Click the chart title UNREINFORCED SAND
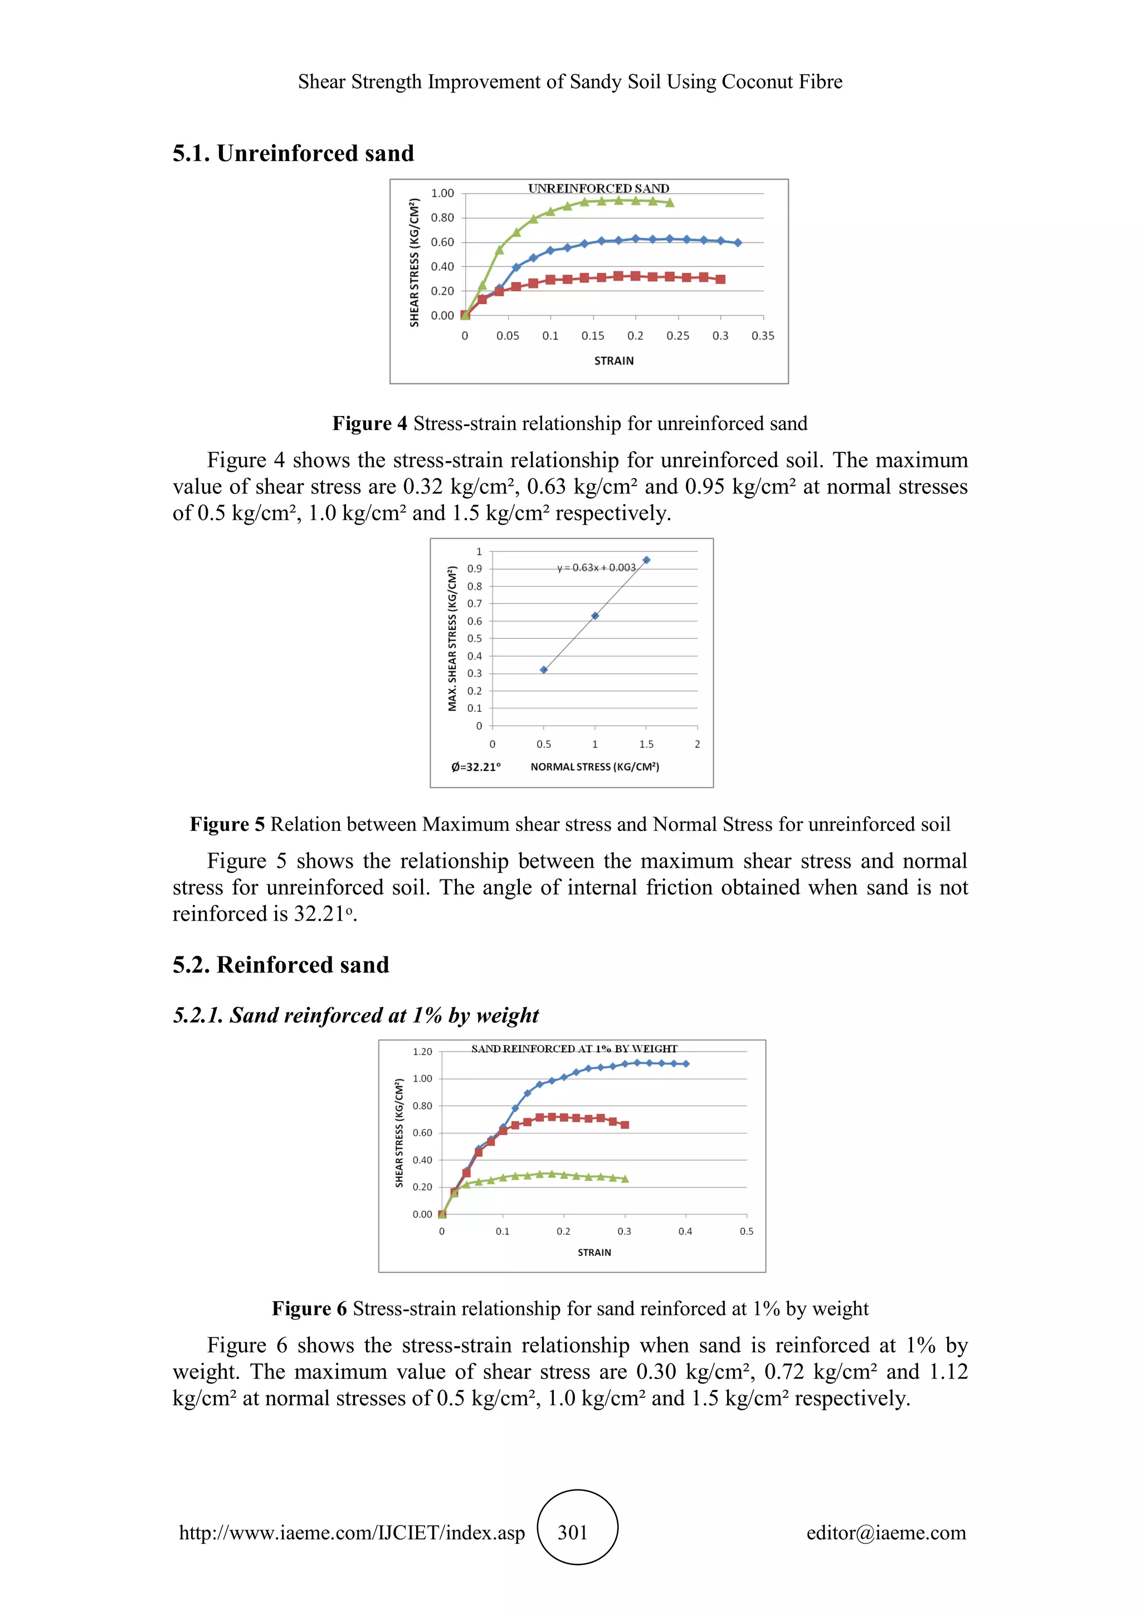(x=598, y=188)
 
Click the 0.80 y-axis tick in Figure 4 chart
(x=442, y=218)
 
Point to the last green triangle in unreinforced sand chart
(x=670, y=203)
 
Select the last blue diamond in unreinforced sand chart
(x=737, y=243)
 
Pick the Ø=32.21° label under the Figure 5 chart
(x=476, y=766)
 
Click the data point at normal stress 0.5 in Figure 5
(x=543, y=669)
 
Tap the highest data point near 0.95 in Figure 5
(x=646, y=560)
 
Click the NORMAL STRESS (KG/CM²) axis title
(x=594, y=766)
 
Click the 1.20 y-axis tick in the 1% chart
(x=422, y=1052)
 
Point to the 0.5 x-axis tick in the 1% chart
(x=746, y=1231)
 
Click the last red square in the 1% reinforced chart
(x=625, y=1125)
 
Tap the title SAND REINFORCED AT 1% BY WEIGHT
(x=574, y=1048)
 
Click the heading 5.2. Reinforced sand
(x=280, y=965)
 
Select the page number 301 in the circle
(x=573, y=1532)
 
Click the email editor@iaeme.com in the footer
(x=885, y=1532)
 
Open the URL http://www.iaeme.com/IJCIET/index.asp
(x=352, y=1532)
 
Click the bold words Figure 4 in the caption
(x=369, y=424)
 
